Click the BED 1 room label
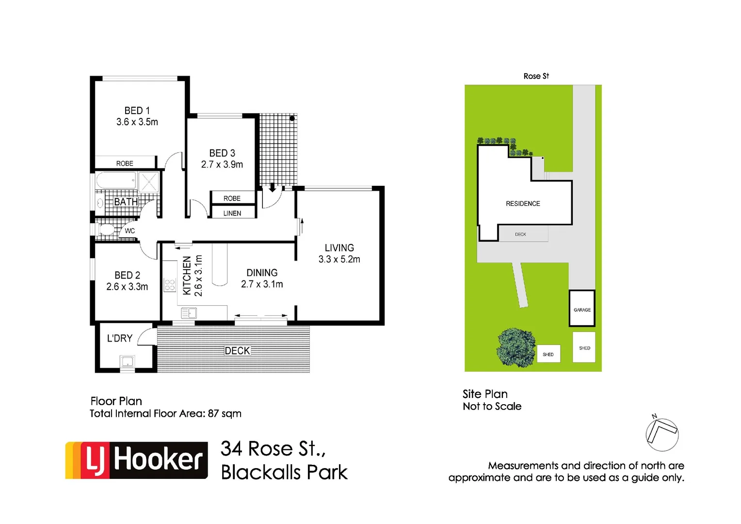137,111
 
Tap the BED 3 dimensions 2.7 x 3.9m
222,164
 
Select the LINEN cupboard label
232,213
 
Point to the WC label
130,231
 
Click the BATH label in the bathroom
126,202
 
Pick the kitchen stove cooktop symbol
169,285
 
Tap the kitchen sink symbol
189,313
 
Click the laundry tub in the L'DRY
127,361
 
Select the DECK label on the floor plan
237,351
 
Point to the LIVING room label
339,248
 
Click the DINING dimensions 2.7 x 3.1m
262,284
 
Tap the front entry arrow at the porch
272,187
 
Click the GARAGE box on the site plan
582,309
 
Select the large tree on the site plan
515,347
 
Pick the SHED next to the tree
548,354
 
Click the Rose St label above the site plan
536,76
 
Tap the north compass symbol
662,433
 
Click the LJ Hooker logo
137,460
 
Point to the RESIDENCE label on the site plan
523,204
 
